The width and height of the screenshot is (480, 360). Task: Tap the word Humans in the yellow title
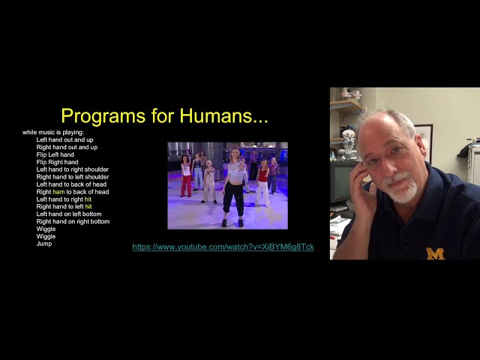(224, 116)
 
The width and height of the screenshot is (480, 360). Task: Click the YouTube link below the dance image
(223, 247)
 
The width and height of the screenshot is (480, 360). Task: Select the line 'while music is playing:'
(53, 132)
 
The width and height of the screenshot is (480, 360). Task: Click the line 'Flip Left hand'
(55, 154)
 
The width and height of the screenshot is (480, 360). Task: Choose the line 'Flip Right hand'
(57, 162)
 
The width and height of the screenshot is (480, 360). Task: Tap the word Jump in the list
(43, 244)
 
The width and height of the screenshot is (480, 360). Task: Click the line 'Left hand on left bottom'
(70, 214)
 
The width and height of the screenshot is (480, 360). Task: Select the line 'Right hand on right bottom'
(73, 221)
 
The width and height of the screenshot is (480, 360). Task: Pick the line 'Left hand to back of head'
(71, 184)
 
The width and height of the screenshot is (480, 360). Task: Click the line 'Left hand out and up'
(64, 139)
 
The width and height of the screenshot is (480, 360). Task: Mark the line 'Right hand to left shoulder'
(72, 177)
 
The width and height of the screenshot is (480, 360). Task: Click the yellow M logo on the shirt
(435, 253)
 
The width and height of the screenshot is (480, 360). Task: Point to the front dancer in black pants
(234, 187)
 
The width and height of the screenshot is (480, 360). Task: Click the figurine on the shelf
(348, 139)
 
